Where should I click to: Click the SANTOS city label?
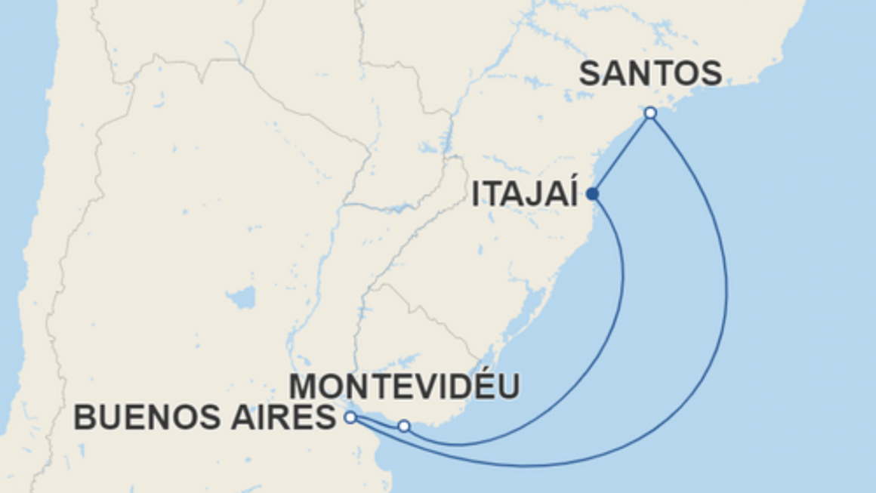tap(650, 74)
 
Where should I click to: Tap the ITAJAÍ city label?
tap(525, 194)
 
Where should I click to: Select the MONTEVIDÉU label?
tap(406, 387)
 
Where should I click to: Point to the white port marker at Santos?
tap(650, 113)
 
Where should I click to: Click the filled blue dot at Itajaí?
tap(593, 194)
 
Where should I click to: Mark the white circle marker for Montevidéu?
tap(404, 427)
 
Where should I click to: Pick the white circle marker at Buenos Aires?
tap(350, 417)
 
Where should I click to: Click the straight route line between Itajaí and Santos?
tap(622, 154)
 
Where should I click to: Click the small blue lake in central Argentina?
tap(242, 297)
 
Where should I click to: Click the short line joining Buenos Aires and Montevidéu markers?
tap(378, 422)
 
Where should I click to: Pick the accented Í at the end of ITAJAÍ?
tap(571, 193)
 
